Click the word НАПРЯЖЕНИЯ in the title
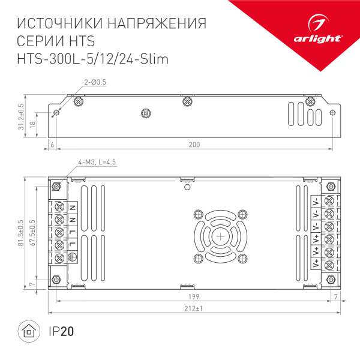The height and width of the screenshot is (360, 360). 157,24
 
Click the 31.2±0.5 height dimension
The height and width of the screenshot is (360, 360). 21,117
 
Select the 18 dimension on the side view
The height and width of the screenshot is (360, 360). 33,124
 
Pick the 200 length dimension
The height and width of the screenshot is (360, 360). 194,145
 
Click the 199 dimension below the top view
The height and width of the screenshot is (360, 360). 194,297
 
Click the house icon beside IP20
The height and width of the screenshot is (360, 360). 28,331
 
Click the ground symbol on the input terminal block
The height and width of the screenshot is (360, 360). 72,258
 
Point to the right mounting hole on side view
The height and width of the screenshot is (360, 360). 334,113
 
